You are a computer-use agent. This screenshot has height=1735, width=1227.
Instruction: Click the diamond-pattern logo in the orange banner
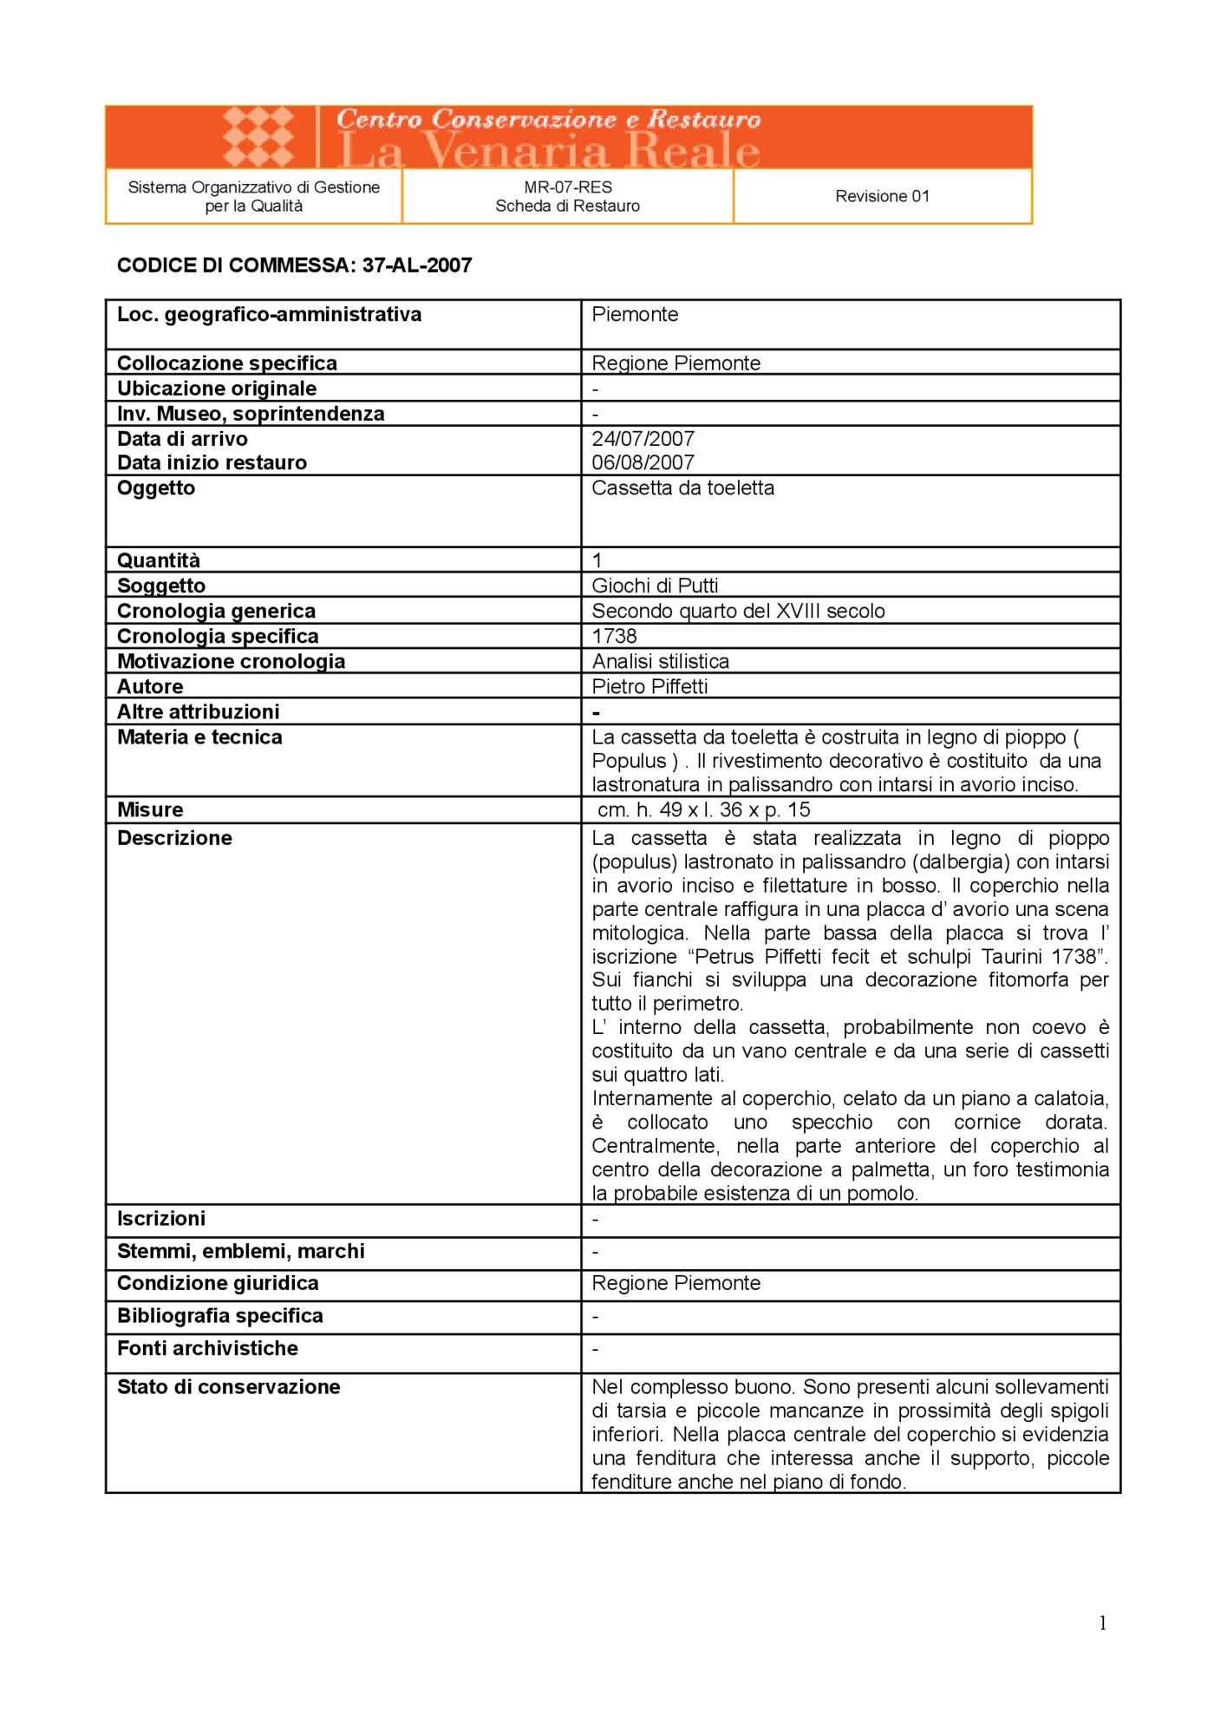point(258,136)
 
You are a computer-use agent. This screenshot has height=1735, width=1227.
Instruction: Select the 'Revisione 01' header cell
point(882,197)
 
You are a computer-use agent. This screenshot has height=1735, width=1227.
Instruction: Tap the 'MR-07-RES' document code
point(568,187)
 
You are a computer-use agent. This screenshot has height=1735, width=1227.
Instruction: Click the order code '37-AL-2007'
point(417,265)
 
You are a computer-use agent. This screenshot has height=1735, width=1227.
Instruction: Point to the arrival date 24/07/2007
point(643,439)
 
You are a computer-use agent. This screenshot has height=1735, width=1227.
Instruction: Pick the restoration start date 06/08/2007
point(643,462)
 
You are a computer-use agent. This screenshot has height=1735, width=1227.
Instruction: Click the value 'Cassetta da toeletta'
point(682,488)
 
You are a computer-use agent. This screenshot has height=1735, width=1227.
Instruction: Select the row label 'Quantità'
point(159,560)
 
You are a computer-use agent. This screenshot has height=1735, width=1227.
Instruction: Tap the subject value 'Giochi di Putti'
point(655,586)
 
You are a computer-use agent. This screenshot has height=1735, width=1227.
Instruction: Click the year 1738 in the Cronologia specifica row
point(614,636)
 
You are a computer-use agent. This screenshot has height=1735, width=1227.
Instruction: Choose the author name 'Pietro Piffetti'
point(649,686)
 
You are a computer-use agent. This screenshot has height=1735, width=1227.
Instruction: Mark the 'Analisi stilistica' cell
point(660,661)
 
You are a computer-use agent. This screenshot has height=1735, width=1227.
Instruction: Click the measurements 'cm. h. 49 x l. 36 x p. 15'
point(703,809)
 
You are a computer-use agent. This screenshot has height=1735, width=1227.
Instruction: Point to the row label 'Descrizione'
point(174,838)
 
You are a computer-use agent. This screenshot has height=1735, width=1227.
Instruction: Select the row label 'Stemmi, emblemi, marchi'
point(240,1251)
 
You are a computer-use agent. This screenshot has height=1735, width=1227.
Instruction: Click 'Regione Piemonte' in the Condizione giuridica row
point(676,1283)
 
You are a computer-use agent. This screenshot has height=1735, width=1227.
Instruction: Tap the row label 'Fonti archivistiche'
point(207,1348)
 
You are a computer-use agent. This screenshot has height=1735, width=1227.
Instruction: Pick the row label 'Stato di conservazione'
point(228,1386)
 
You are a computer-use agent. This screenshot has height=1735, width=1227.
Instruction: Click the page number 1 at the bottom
point(1102,1623)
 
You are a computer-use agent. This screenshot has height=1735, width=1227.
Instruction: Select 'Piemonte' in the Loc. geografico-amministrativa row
point(635,314)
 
